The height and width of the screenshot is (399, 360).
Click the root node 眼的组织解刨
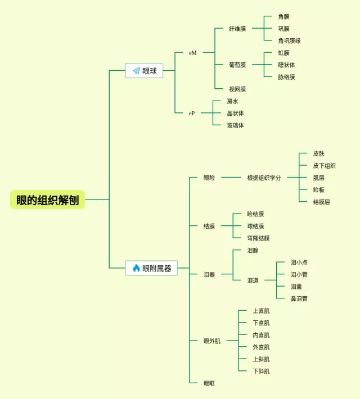click(47, 199)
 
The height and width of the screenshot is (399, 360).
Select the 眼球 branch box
click(144, 71)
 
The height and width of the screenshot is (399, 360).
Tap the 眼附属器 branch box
click(151, 268)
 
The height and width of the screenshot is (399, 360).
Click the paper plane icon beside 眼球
click(136, 71)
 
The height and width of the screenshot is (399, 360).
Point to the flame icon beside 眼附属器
click(136, 268)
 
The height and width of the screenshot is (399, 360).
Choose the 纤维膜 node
click(237, 29)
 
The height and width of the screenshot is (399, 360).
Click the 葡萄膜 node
click(237, 65)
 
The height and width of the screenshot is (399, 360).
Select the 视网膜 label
click(237, 89)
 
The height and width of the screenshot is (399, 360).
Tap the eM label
click(193, 53)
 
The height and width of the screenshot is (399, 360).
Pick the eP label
click(192, 113)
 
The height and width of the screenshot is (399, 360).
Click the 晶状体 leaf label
click(235, 114)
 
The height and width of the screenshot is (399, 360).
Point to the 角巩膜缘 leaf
click(289, 41)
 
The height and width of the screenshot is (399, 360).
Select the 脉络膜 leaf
click(286, 77)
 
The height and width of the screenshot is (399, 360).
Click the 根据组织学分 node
click(264, 178)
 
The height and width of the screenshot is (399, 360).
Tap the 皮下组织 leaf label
click(324, 166)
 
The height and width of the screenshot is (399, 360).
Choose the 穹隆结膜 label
click(258, 238)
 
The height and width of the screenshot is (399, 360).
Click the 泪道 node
click(253, 280)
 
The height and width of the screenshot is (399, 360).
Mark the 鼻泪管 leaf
click(299, 299)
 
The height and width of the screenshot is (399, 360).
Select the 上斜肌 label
click(261, 359)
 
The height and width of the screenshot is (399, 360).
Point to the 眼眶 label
click(209, 383)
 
